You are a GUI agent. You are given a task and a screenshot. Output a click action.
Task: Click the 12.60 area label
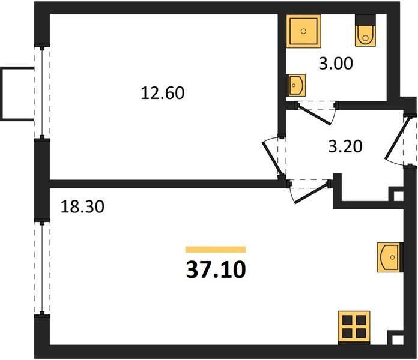tap(162, 93)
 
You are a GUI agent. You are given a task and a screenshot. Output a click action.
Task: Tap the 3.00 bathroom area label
tap(336, 64)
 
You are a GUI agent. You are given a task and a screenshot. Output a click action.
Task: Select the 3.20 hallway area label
tap(345, 146)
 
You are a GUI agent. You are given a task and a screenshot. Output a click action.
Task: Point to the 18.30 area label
tap(82, 206)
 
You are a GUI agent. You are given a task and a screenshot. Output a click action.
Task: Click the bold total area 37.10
tap(216, 269)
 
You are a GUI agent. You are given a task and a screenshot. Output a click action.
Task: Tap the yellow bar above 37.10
tap(216, 249)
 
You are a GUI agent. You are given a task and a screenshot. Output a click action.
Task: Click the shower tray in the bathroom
tap(303, 31)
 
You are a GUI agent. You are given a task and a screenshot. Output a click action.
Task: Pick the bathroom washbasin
tap(295, 85)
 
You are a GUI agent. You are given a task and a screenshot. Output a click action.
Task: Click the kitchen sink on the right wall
tap(390, 257)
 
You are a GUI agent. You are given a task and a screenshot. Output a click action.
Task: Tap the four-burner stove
tap(354, 328)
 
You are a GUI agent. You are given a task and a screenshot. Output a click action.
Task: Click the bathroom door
tap(317, 113)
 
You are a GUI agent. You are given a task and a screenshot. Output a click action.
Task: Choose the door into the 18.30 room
tap(309, 191)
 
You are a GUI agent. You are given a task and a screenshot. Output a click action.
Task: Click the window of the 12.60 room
tap(42, 92)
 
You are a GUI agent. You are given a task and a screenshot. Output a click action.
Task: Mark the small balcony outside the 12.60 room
tap(17, 94)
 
